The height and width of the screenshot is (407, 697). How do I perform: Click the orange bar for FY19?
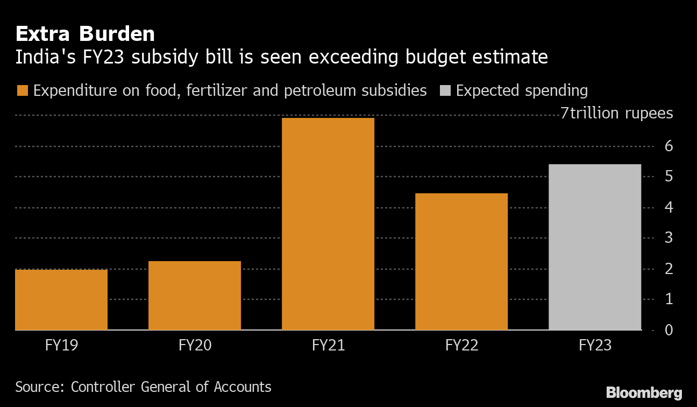[61, 299]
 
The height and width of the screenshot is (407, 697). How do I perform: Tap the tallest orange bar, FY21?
[328, 223]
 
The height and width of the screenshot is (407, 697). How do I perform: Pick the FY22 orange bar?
[461, 261]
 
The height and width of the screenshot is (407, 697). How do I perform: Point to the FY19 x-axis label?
[61, 345]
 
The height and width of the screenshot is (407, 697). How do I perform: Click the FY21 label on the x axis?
[328, 345]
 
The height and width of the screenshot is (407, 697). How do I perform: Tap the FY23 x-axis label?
[595, 345]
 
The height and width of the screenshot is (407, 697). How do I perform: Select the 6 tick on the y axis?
[669, 146]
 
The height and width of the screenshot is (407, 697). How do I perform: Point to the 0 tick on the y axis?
[669, 329]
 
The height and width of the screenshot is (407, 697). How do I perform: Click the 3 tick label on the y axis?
[669, 237]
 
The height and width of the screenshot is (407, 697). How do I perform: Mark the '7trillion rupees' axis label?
[617, 114]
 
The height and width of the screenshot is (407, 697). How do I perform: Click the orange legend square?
[22, 90]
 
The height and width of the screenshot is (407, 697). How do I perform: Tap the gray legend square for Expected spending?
[445, 90]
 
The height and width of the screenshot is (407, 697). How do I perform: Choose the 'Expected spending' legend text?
[522, 90]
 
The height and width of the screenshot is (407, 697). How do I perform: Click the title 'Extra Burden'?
[85, 34]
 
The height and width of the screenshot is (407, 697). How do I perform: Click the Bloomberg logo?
[644, 392]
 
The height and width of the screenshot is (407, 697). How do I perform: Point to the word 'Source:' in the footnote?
[40, 387]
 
